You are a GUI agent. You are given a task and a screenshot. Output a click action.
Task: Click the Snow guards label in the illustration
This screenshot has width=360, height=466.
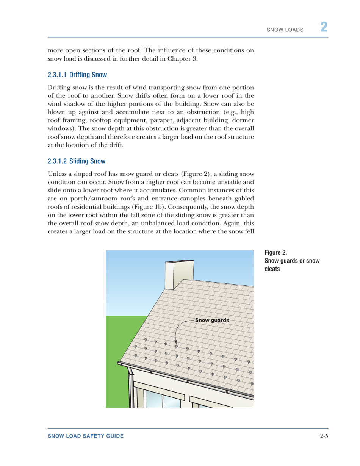tap(212, 320)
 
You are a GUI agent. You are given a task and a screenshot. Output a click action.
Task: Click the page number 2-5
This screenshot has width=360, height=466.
tap(323, 437)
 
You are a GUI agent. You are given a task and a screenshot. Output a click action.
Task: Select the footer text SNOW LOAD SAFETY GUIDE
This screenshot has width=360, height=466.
tap(85, 437)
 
